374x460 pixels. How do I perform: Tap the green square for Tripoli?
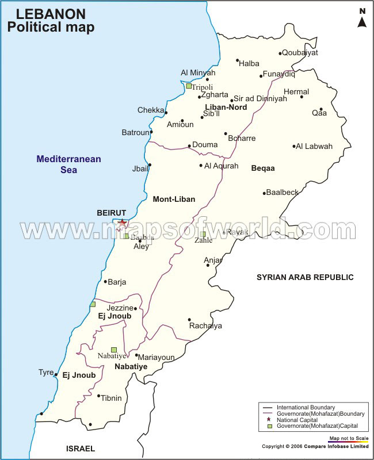click(188, 86)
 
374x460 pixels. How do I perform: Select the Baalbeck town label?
click(283, 192)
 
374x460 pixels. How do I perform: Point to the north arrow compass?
click(362, 19)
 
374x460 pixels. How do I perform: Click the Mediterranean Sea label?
click(69, 164)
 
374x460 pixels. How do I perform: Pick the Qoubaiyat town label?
click(300, 52)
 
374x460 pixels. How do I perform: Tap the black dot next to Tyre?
click(56, 375)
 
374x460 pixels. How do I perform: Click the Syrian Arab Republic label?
click(305, 277)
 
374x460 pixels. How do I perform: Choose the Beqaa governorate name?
click(263, 168)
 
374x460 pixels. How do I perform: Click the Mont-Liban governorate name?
click(174, 200)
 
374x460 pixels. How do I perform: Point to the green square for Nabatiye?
click(114, 350)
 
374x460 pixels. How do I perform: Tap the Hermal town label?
click(296, 91)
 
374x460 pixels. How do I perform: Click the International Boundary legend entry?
click(314, 408)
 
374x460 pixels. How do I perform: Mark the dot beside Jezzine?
click(136, 309)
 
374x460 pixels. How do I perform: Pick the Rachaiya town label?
click(205, 326)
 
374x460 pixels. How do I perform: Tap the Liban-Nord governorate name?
click(226, 108)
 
